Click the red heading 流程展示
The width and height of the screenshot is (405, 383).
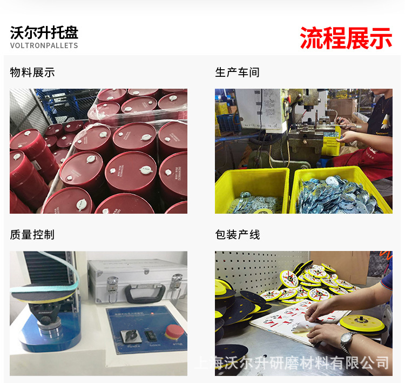[346, 37]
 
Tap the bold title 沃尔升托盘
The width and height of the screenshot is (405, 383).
[44, 32]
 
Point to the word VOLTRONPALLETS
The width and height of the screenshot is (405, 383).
[44, 45]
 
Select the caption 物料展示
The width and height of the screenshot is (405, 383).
[32, 72]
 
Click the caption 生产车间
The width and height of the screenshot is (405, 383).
[237, 72]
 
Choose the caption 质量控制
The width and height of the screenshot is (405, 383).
[32, 235]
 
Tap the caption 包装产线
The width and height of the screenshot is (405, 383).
[237, 235]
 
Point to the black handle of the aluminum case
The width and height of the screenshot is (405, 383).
[145, 292]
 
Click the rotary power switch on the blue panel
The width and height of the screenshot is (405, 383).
[133, 334]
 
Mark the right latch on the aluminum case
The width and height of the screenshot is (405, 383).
[176, 281]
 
